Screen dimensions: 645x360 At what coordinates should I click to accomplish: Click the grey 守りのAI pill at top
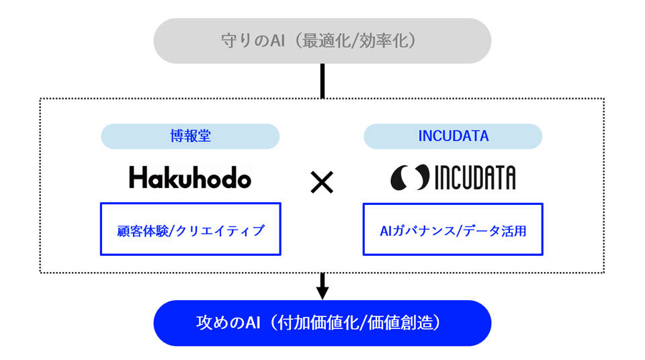(322, 41)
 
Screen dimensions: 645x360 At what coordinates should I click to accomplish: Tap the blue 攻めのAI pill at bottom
(322, 323)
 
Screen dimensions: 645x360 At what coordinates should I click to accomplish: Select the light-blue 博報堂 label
(190, 136)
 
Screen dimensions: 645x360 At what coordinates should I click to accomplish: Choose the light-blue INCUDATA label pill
(453, 136)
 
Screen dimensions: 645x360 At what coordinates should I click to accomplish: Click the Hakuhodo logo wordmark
(190, 177)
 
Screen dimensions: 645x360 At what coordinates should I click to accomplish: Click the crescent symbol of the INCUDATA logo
(410, 177)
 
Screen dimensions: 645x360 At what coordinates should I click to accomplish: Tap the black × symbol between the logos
(322, 183)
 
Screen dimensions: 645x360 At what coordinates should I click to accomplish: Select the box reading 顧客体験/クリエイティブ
(190, 229)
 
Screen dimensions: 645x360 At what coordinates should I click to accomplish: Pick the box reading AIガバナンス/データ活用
(453, 229)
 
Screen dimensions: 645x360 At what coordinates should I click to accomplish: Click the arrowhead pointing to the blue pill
(322, 293)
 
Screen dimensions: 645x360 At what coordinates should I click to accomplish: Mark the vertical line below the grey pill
(322, 81)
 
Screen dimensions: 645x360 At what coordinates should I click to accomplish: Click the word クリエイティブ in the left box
(220, 231)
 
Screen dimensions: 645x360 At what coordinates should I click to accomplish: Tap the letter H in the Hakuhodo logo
(137, 177)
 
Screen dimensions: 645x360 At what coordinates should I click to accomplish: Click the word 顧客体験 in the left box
(142, 231)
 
